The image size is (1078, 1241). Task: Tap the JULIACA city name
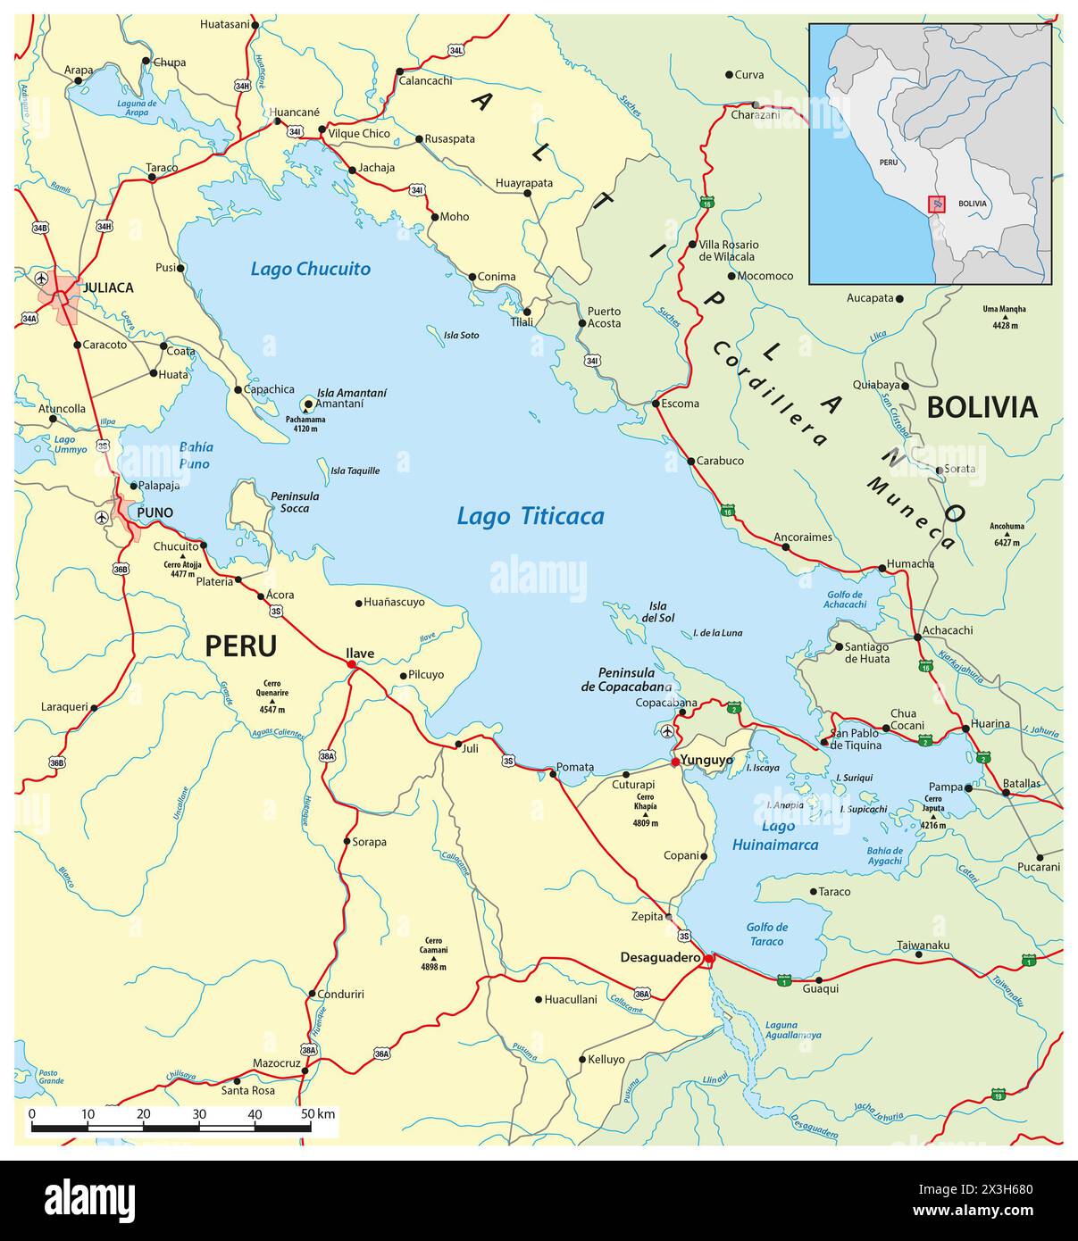pyautogui.click(x=107, y=287)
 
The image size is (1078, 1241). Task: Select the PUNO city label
pyautogui.click(x=155, y=512)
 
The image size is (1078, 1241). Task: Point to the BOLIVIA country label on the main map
pyautogui.click(x=982, y=407)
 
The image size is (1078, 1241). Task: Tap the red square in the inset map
pyautogui.click(x=936, y=204)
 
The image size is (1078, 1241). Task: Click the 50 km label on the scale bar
pyautogui.click(x=318, y=1113)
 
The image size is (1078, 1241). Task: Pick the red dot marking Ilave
pyautogui.click(x=352, y=665)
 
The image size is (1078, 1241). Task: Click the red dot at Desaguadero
pyautogui.click(x=708, y=959)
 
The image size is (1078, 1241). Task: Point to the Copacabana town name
pyautogui.click(x=665, y=703)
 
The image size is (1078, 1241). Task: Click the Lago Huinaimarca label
pyautogui.click(x=775, y=836)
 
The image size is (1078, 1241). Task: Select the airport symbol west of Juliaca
pyautogui.click(x=41, y=279)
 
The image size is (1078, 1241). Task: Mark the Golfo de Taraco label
pyautogui.click(x=766, y=934)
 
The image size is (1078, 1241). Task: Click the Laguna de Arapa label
pyautogui.click(x=137, y=107)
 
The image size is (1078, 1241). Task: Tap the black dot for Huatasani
pyautogui.click(x=255, y=25)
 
